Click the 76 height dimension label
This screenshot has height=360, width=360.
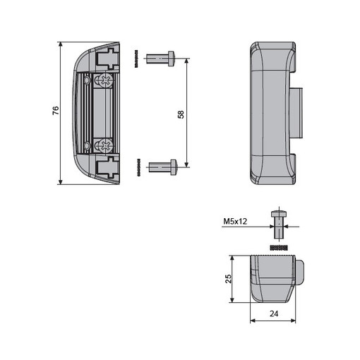pyautogui.click(x=56, y=110)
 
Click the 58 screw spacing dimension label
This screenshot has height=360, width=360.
pyautogui.click(x=181, y=114)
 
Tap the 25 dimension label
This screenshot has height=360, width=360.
pyautogui.click(x=228, y=279)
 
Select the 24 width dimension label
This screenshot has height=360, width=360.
pyautogui.click(x=274, y=313)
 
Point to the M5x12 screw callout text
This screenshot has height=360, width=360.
pyautogui.click(x=235, y=221)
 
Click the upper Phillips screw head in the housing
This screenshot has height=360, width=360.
pyautogui.click(x=106, y=80)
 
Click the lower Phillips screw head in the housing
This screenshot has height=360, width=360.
pyautogui.click(x=106, y=145)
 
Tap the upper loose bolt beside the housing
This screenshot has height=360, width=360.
pyautogui.click(x=161, y=59)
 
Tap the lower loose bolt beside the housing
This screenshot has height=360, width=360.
pyautogui.click(x=163, y=167)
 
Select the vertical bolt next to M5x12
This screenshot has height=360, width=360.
pyautogui.click(x=279, y=224)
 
